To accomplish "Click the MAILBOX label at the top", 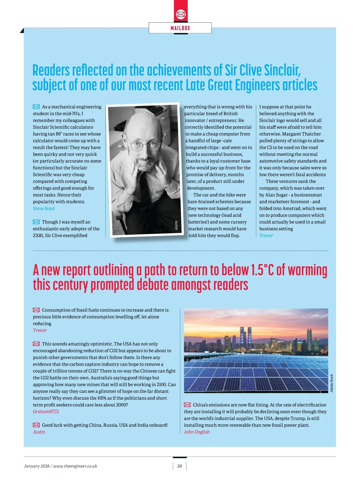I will point(180,28).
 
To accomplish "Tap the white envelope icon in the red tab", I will point(181,14).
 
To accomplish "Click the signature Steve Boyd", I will point(44,208).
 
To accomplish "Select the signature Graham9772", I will point(46,412).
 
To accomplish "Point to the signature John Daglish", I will point(197,432).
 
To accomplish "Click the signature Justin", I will point(39,432).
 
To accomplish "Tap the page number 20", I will point(180,466).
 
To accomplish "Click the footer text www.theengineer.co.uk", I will point(75,466).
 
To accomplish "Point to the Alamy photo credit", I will point(176,225).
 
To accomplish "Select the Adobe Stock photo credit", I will point(331,383).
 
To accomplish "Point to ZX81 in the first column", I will point(38,236).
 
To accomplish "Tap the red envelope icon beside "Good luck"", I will point(36,425).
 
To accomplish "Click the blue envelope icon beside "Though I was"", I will point(36,222).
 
